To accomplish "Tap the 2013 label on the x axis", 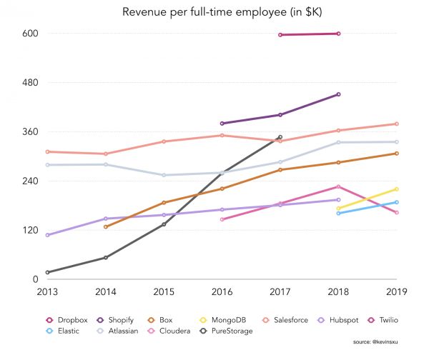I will coord(47,291).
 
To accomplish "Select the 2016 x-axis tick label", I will coord(222,291).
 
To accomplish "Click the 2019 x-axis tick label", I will coord(396,291).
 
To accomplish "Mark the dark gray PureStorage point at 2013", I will coord(47,272).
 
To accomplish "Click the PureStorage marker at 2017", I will coord(280,137).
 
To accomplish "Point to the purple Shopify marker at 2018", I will coord(338,94).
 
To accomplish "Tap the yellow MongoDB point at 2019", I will coord(396,189).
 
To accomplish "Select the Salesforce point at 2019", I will coord(396,124).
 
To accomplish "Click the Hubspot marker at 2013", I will coord(47,235).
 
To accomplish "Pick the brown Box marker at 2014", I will coord(105,226).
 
